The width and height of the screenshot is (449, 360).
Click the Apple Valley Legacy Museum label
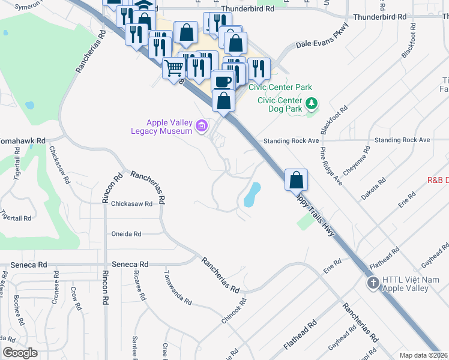[162, 127]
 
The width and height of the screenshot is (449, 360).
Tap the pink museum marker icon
[202, 126]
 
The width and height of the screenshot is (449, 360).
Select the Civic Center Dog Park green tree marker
[311, 104]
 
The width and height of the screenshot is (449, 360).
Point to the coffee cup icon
[222, 81]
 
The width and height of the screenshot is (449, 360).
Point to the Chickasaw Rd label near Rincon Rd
[131, 204]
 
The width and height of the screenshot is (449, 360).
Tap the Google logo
[20, 353]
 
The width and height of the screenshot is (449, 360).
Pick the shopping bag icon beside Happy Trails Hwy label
[297, 180]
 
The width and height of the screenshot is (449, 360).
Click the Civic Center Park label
[280, 88]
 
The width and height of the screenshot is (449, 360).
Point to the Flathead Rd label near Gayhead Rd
[385, 258]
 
